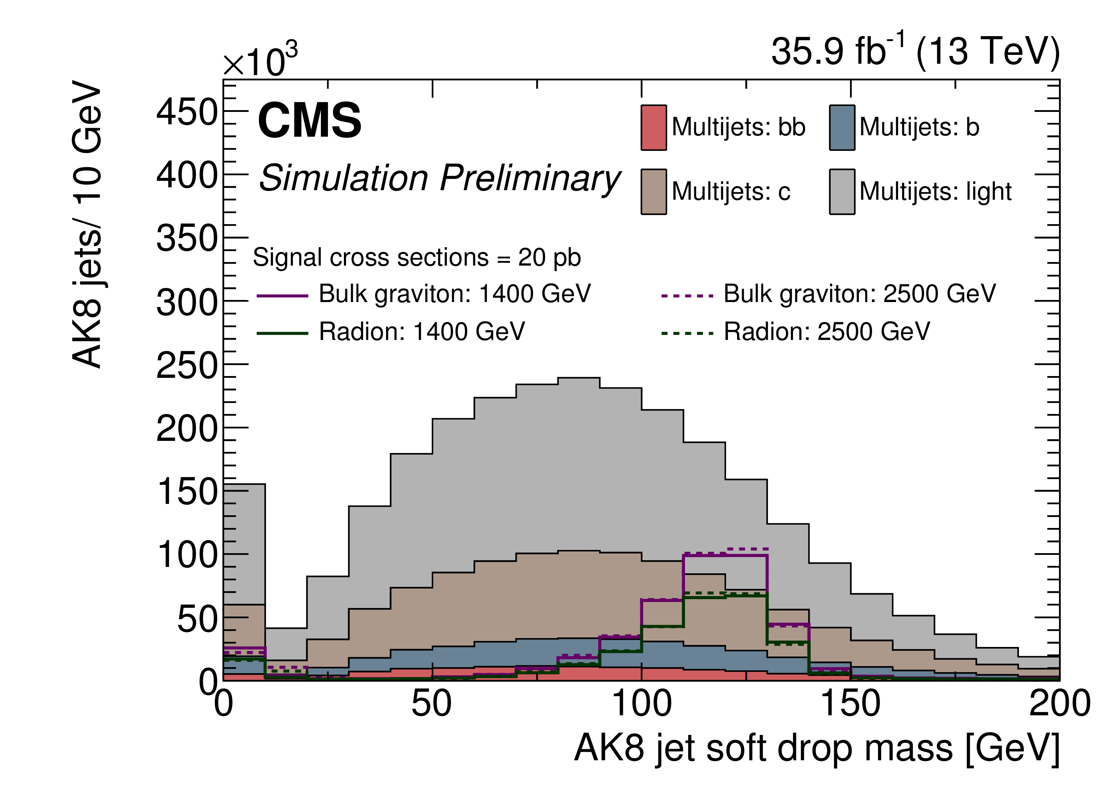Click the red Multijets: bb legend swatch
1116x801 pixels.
(x=653, y=127)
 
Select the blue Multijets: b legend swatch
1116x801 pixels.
(x=842, y=127)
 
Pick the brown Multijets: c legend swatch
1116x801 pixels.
(x=653, y=192)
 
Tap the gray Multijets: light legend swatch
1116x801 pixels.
(x=842, y=192)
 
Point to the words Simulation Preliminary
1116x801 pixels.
(x=440, y=178)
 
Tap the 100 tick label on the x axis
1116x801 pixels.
(x=641, y=704)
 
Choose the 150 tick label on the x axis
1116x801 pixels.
(x=850, y=704)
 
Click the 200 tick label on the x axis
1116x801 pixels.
(x=1059, y=704)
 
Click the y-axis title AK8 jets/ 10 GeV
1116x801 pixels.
(x=87, y=224)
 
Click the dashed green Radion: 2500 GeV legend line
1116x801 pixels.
(x=687, y=334)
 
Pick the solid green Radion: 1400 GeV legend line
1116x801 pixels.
(x=282, y=334)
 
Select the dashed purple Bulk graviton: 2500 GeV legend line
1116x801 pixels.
(x=687, y=296)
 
